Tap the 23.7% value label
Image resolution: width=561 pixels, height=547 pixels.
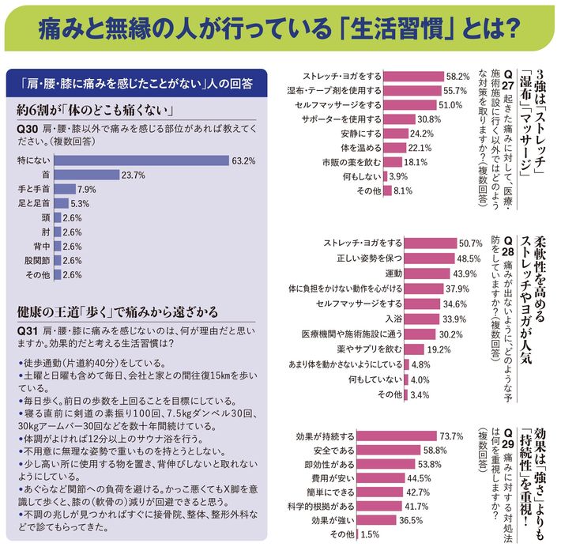(132, 175)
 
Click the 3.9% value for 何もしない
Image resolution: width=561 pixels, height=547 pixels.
(399, 175)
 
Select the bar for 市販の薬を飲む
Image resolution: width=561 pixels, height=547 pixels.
(394, 161)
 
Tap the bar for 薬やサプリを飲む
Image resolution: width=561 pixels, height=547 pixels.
(399, 348)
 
